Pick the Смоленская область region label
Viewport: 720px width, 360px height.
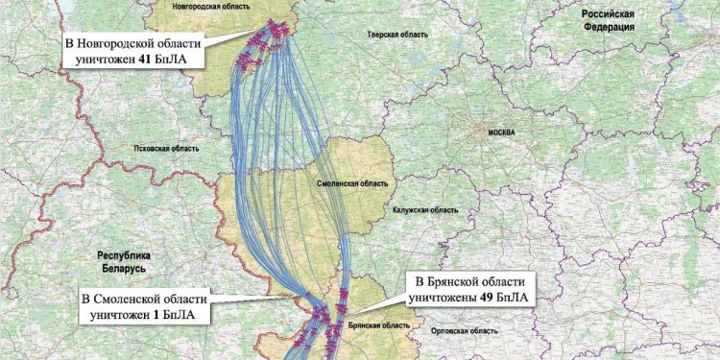352,182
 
